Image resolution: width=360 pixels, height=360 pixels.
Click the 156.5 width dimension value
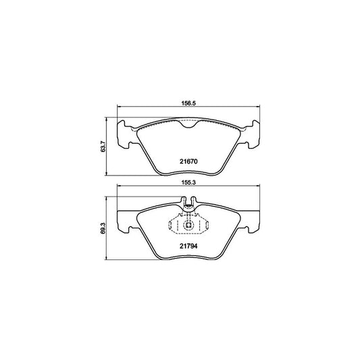[188, 103]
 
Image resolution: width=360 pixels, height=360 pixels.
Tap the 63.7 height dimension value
[103, 147]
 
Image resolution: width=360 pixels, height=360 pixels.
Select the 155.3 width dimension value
[188, 182]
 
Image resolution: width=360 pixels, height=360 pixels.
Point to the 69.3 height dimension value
[103, 228]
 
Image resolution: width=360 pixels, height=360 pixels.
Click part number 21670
[188, 161]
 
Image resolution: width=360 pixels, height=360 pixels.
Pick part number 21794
[188, 246]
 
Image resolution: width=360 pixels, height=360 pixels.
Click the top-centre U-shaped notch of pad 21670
[188, 124]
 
